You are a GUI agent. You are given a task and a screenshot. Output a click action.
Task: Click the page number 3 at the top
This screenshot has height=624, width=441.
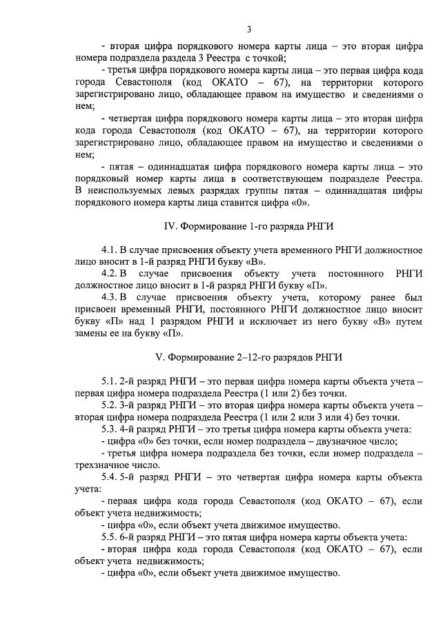pos(249,28)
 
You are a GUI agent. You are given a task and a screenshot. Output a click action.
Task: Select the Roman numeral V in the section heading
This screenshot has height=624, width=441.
pos(161,357)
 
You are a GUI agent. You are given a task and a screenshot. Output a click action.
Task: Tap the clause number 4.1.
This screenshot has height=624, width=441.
pos(110,250)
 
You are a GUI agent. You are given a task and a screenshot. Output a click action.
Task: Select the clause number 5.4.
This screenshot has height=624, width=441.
pos(110,477)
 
